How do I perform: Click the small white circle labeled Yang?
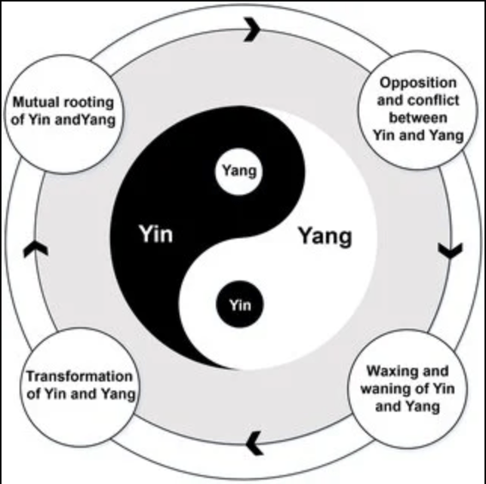[x=239, y=170]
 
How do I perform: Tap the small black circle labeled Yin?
[x=239, y=305]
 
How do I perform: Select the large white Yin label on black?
[x=155, y=234]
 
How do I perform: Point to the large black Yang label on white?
[x=325, y=236]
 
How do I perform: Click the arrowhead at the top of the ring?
[x=252, y=31]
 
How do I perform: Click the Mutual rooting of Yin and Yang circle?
[x=63, y=111]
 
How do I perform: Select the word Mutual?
[x=34, y=102]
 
